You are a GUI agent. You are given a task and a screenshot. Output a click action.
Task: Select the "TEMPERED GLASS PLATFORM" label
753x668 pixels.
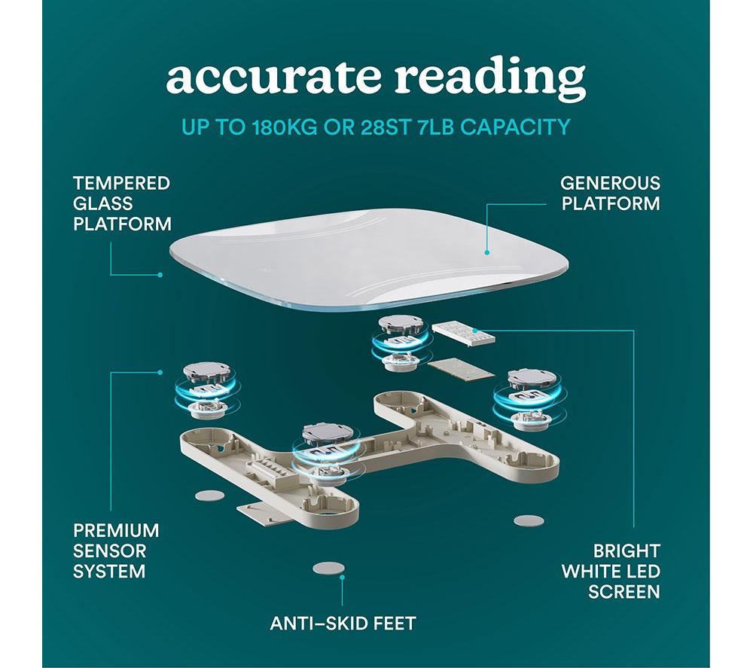tap(122, 203)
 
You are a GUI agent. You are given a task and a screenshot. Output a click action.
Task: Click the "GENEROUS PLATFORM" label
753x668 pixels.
tap(610, 194)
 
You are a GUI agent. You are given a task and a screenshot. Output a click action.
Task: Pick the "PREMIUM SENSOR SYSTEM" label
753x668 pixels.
tap(116, 551)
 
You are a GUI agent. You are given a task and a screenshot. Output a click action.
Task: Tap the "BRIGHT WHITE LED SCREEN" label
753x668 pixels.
tap(611, 572)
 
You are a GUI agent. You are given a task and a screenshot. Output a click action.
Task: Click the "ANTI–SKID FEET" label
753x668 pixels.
tap(343, 624)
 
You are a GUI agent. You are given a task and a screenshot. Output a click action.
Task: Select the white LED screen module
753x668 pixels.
tap(463, 333)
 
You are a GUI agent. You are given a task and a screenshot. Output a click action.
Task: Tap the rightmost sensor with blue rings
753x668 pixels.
tap(530, 399)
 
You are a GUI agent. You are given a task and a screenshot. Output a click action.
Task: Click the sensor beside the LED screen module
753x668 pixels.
tap(401, 343)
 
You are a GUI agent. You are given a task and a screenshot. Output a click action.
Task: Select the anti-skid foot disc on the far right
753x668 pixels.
tap(529, 520)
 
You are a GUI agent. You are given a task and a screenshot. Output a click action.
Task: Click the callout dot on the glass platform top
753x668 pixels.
tap(486, 252)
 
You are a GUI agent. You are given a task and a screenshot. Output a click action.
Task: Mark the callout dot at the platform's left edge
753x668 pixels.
tap(160, 275)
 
